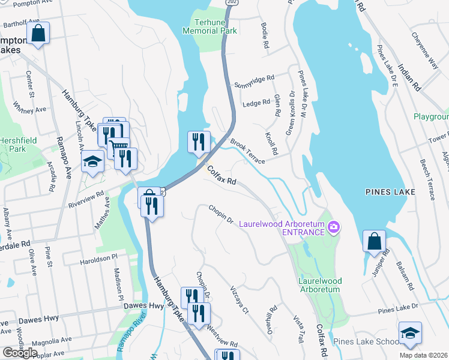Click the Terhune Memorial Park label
point(209,26)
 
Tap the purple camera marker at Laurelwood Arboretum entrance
point(334,227)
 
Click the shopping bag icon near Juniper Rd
point(374,241)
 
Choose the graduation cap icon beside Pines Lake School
point(410,332)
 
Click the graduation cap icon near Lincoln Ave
point(92,162)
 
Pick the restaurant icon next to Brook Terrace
point(199,142)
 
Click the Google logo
point(20,353)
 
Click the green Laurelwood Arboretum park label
point(319,285)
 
